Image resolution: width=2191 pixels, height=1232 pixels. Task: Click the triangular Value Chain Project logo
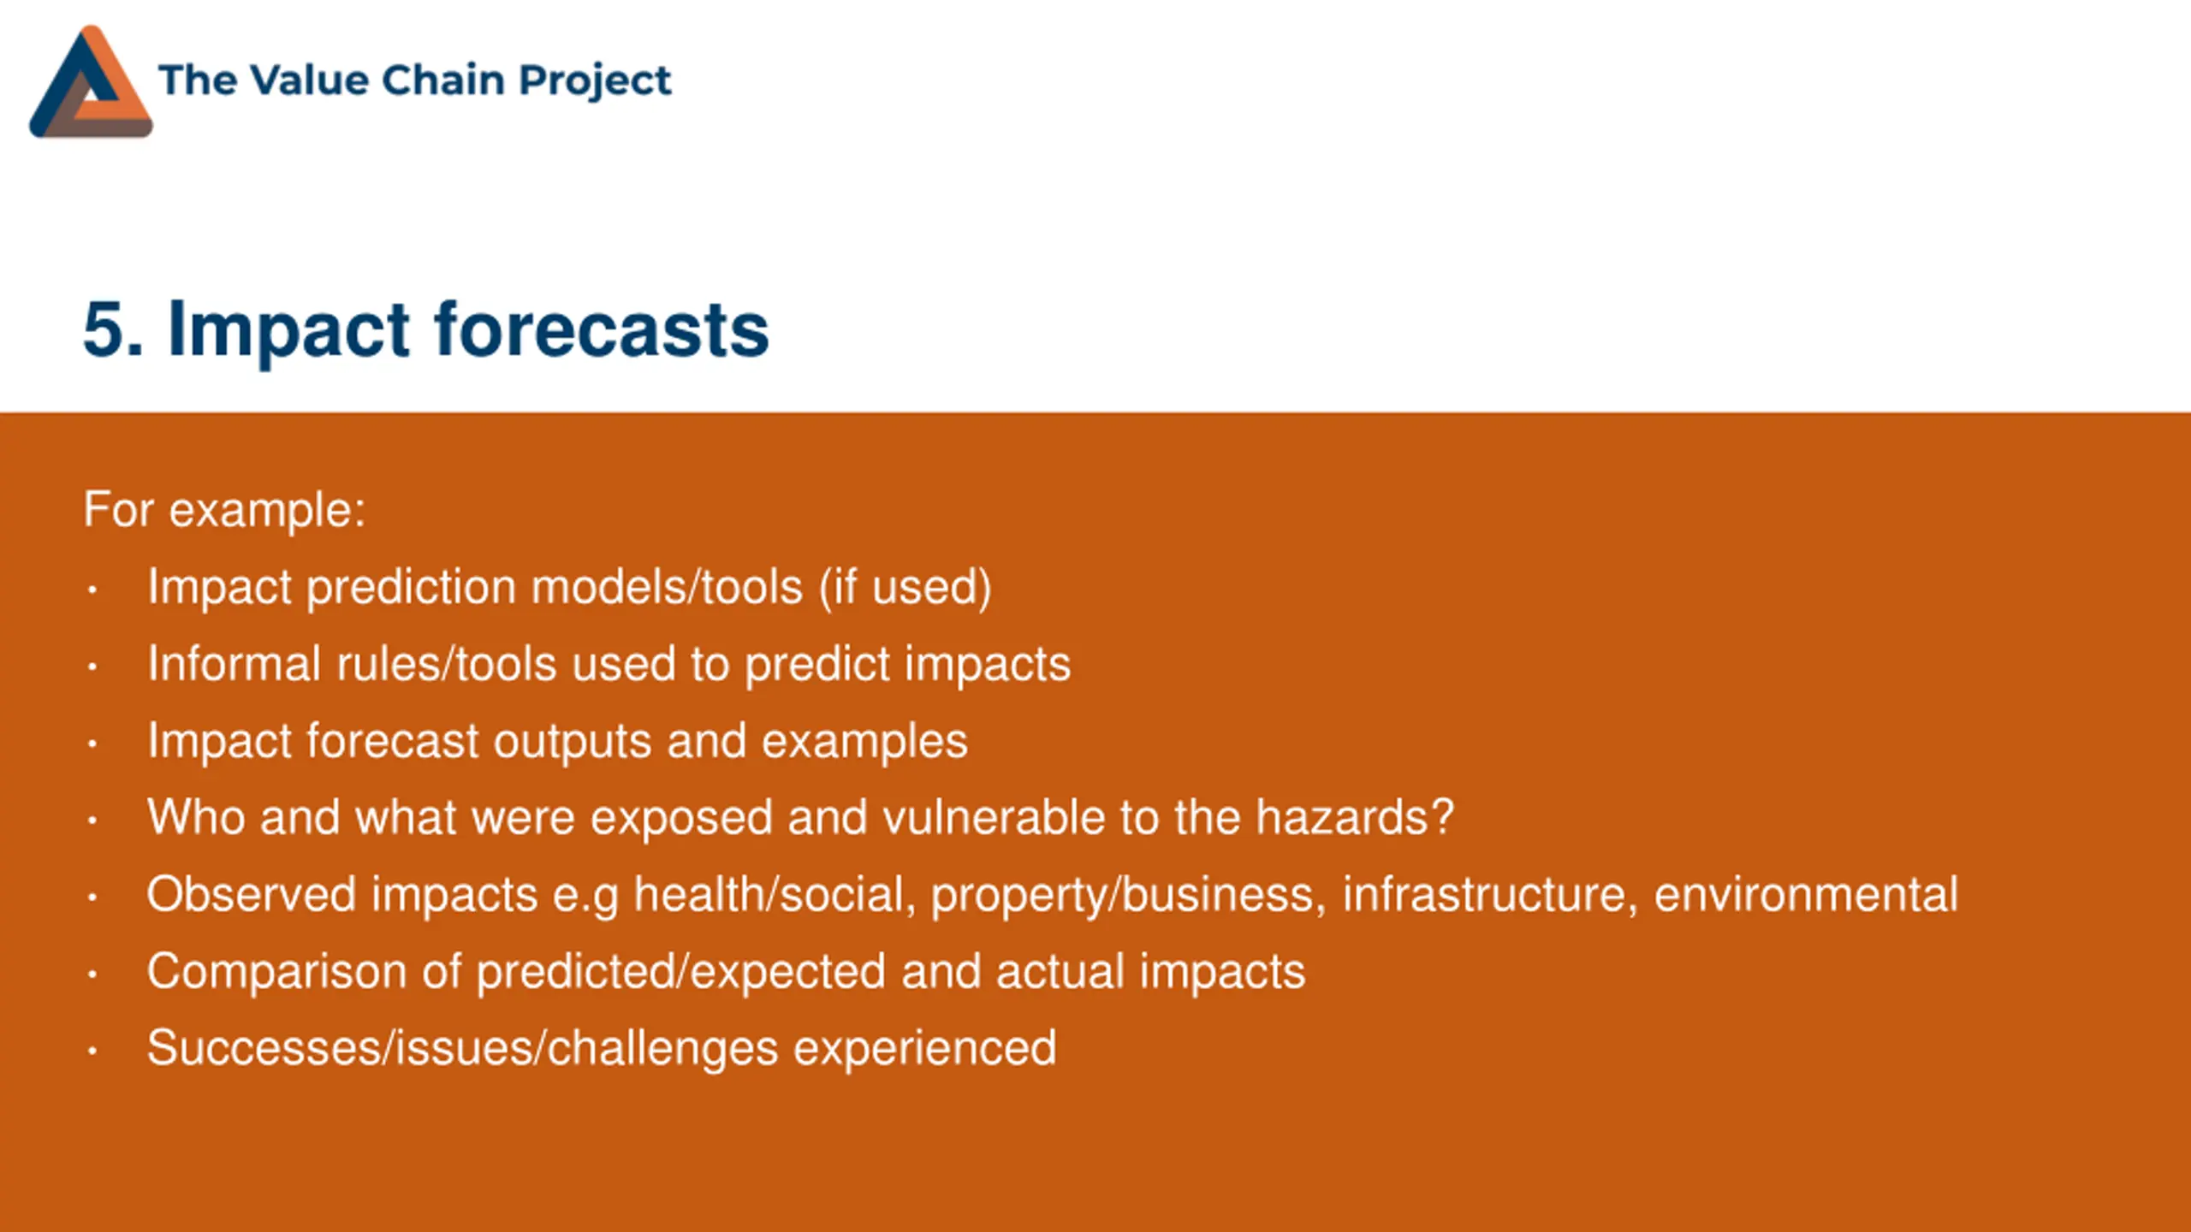coord(91,82)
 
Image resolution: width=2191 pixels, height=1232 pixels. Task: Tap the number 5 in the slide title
coord(105,329)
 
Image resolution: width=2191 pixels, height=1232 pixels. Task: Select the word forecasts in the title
coord(602,329)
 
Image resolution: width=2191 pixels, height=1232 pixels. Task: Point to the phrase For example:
coord(224,510)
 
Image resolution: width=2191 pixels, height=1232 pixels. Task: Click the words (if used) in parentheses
coord(905,588)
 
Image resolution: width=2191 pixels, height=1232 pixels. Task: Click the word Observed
coord(252,894)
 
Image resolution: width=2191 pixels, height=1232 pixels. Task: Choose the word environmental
coord(1806,894)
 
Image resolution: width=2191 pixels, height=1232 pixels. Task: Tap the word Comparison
coord(283,973)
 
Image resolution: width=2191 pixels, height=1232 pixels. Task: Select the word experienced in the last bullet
coord(925,1050)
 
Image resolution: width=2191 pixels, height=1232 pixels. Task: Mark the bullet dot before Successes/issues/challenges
coord(92,1050)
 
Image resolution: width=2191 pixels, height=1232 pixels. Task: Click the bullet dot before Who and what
coord(92,820)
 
